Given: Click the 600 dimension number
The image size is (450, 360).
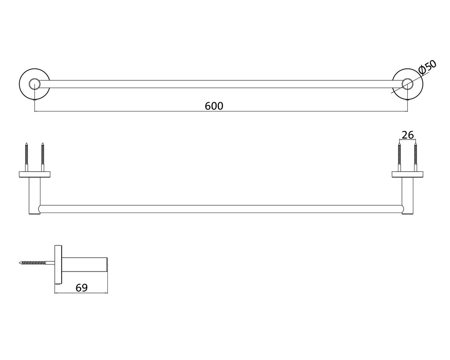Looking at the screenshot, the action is pos(214,106).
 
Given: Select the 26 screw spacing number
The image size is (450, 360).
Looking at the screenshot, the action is pos(408,135).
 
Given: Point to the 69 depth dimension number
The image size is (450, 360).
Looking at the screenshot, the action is pos(82,288).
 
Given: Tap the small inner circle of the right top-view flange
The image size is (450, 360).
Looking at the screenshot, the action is pos(407,79).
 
